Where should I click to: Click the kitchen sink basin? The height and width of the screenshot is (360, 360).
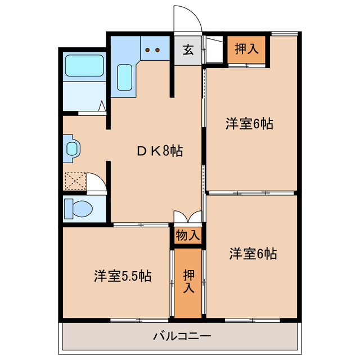124,77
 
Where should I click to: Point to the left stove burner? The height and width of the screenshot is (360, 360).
148,50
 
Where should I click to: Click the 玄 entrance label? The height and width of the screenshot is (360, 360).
187,49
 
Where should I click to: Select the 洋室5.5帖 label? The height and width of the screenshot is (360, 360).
122,277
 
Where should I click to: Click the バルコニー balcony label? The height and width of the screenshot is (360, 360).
182,336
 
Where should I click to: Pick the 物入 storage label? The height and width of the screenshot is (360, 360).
187,235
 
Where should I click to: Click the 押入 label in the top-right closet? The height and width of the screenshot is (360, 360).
246,49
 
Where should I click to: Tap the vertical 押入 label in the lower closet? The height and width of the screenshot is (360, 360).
188,281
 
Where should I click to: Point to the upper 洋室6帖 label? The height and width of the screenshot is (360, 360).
250,124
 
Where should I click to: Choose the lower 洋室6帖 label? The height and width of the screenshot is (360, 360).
253,254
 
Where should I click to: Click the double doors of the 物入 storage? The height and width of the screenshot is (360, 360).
187,217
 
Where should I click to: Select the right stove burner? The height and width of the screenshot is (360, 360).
158,50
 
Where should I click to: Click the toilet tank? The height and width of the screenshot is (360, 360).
67,209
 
